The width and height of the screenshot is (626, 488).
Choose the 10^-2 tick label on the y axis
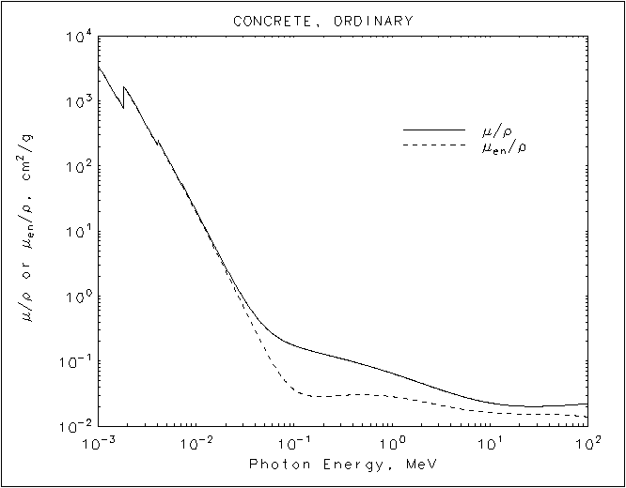coord(75,427)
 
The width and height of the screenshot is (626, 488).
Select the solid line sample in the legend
coord(434,130)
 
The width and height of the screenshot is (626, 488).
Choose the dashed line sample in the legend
coord(434,145)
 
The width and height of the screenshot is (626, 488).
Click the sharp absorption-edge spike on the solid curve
coord(124,88)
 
